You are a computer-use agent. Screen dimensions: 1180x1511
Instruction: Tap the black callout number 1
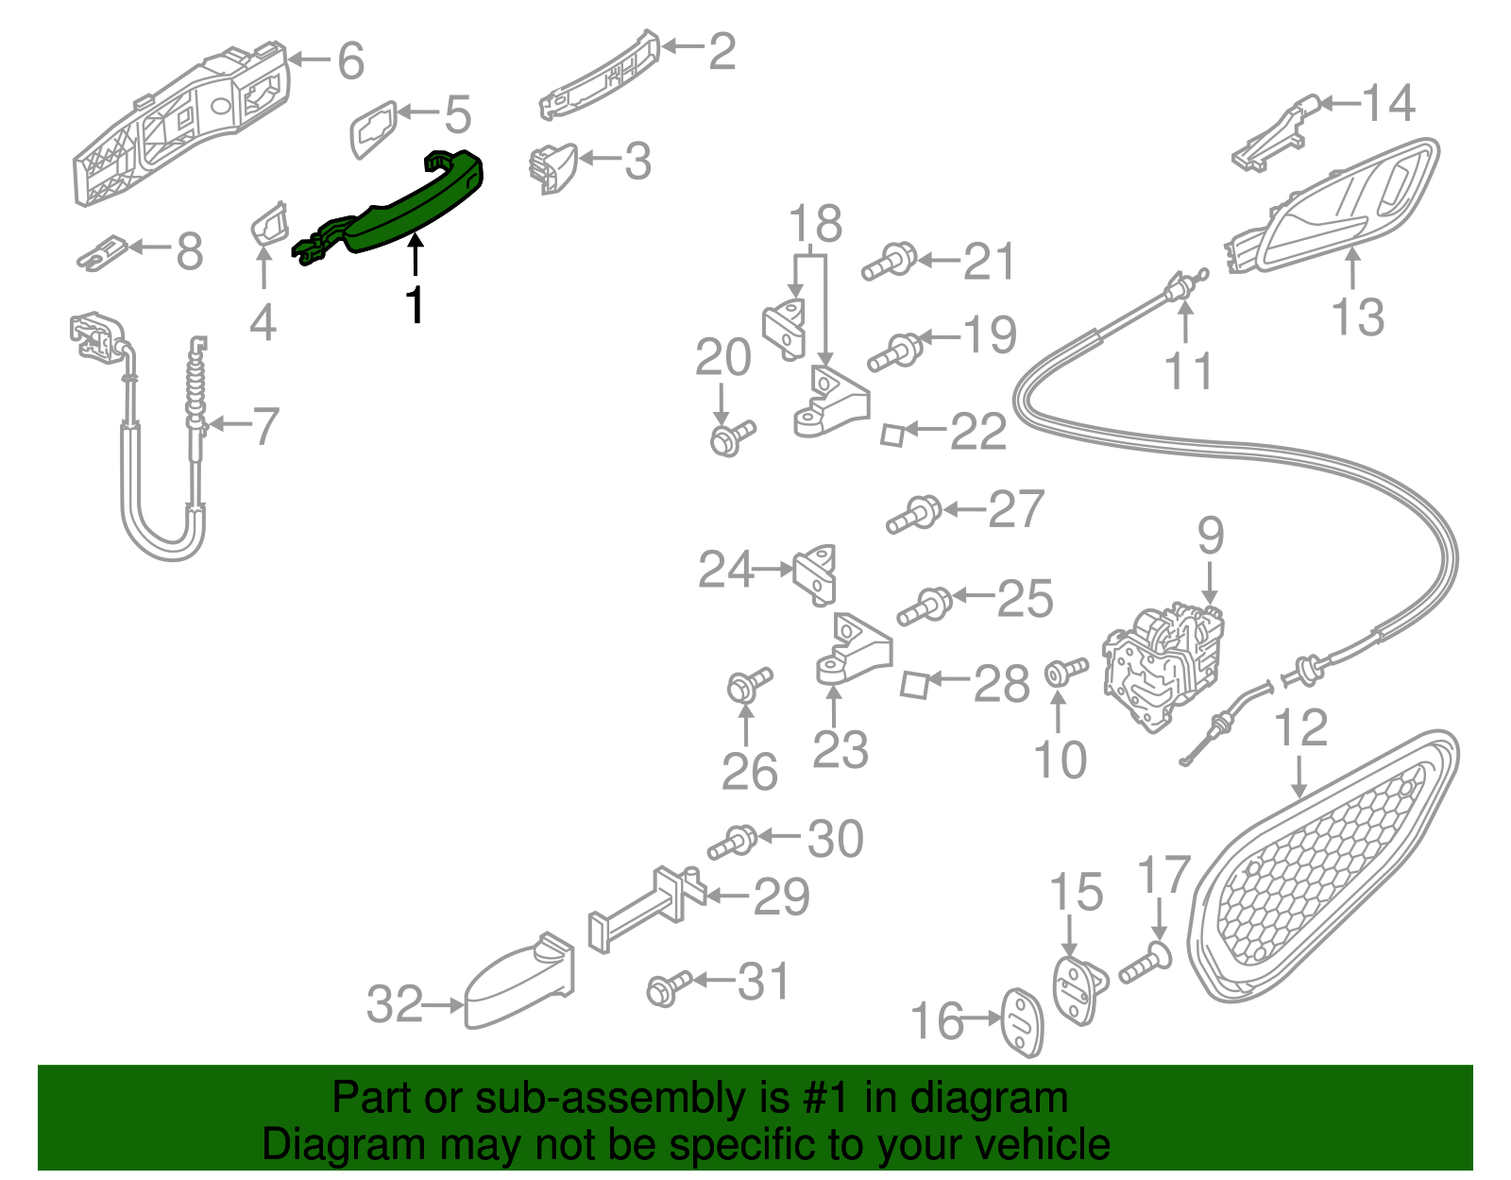coord(415,305)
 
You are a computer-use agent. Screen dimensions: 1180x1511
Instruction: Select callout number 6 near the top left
coord(350,61)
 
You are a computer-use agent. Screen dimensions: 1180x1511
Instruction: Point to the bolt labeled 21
coord(890,262)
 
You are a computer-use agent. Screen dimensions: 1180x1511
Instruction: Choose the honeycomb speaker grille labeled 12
coord(1322,869)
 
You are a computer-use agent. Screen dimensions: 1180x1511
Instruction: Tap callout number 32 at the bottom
coord(394,1004)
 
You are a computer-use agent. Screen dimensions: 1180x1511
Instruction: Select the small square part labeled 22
coord(891,434)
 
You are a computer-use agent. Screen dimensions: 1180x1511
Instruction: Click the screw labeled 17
coord(1146,965)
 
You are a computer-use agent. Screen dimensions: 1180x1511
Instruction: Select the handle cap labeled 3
coord(552,167)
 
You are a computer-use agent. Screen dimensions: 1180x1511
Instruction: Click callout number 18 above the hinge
coord(815,224)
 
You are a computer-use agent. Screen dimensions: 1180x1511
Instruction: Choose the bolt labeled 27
coord(913,514)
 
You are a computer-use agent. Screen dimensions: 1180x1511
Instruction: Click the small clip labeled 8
coord(102,252)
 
